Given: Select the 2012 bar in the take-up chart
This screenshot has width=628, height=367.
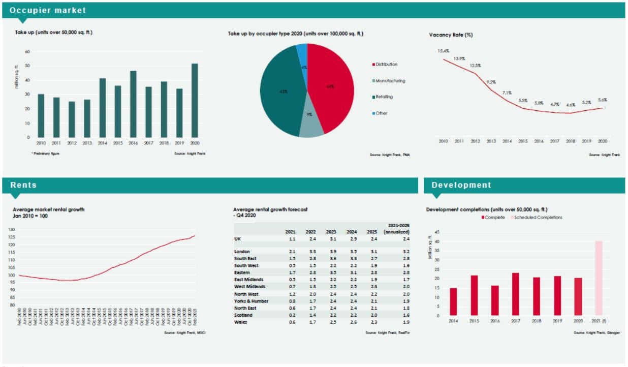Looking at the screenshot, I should (72, 119).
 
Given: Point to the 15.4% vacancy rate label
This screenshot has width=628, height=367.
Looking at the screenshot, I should (444, 51).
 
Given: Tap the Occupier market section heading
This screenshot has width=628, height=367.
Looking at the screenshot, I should (48, 10).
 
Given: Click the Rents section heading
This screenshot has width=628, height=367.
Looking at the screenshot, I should (23, 185).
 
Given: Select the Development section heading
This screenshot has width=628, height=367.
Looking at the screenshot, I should (461, 185).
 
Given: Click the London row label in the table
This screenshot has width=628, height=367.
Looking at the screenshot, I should (242, 252).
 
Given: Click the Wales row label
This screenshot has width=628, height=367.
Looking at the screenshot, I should (240, 322).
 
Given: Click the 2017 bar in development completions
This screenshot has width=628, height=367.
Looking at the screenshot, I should (515, 293).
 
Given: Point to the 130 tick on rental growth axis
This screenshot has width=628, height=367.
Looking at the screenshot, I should (12, 230).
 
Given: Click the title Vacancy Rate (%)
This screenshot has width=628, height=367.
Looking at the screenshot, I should (451, 35).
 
